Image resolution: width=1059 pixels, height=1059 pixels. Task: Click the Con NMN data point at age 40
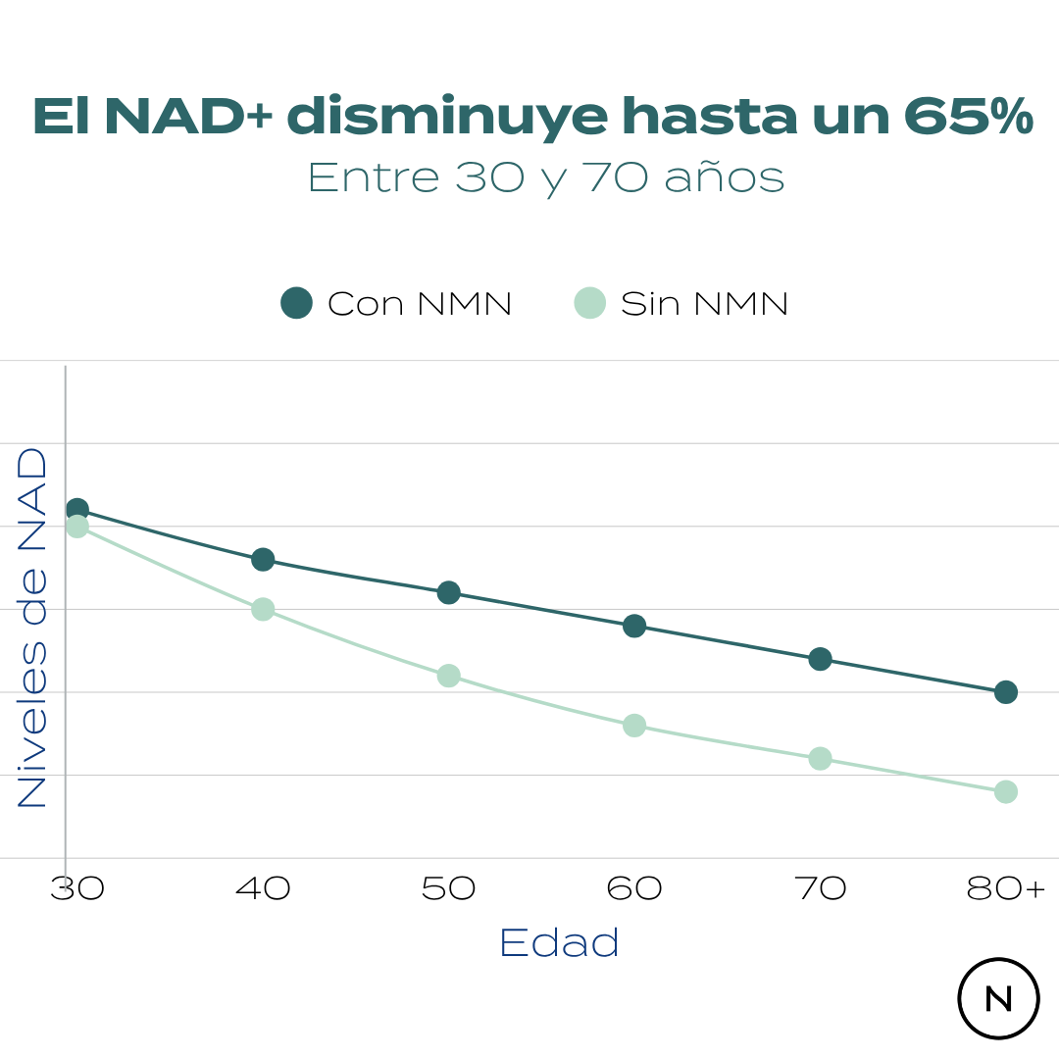pos(263,560)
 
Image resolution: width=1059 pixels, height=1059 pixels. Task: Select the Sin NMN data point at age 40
pos(263,609)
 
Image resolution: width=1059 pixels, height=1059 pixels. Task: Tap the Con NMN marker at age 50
pos(449,592)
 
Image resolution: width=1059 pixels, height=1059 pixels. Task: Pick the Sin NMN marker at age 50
pos(449,676)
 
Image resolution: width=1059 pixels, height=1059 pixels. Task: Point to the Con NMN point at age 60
pos(634,626)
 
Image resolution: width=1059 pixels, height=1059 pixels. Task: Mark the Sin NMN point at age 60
pos(634,726)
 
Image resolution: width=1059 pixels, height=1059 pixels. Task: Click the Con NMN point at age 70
pos(821,659)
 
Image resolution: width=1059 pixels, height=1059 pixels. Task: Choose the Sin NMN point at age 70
pos(821,758)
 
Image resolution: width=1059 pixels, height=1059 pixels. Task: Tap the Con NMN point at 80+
pos(1006,692)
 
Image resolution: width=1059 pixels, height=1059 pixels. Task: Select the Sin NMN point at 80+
pos(1006,791)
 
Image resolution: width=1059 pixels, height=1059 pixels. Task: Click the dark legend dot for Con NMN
pos(296,303)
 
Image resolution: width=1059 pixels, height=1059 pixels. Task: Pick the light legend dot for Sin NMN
pos(589,303)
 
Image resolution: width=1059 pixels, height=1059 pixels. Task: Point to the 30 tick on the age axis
pos(76,889)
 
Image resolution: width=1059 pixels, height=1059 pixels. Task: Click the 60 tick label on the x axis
pos(634,889)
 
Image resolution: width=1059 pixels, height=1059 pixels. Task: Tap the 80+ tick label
pos(1006,889)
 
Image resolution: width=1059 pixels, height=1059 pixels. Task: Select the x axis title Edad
pos(559,943)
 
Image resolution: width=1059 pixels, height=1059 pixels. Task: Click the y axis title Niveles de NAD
pos(32,628)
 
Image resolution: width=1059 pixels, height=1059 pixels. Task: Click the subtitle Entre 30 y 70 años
pos(546,177)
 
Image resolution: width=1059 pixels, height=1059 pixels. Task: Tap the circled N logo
pos(998,998)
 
